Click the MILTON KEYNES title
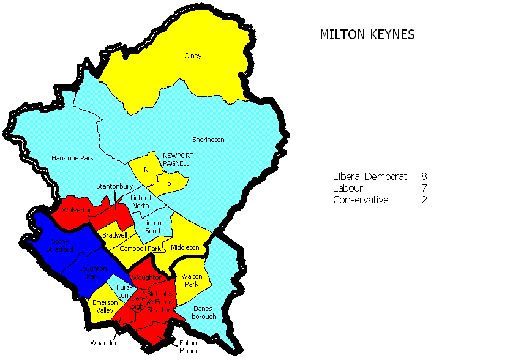pos(367,35)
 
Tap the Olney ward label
pos(193,56)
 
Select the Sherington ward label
pos(208,140)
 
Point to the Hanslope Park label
pos(72,158)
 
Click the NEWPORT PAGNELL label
pos(178,160)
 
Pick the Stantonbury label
pos(111,186)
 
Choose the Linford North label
pos(144,202)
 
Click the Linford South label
pos(154,227)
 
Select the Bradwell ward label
pos(114,235)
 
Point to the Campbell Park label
pos(140,249)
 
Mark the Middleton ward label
pos(185,247)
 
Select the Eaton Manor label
pos(189,347)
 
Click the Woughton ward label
pos(147,277)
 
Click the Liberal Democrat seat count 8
pos(424,177)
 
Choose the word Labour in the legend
pos(348,189)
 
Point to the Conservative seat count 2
pos(424,200)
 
